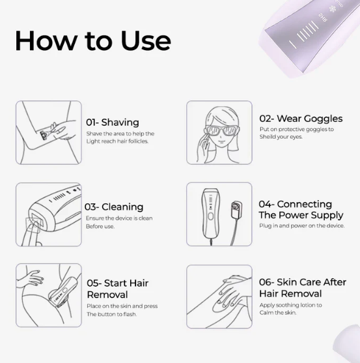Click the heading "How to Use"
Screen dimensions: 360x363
[x=93, y=41]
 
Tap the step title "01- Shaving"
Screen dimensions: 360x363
[x=113, y=123]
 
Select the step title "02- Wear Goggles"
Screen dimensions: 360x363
[x=301, y=119]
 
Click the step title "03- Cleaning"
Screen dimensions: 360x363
[x=114, y=207]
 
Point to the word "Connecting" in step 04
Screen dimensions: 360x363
[x=304, y=204]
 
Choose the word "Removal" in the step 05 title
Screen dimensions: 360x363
[x=107, y=295]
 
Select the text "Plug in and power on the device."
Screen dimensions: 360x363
[x=301, y=225]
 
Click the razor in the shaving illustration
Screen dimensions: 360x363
[x=47, y=132]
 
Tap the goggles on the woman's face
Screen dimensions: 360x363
[x=222, y=130]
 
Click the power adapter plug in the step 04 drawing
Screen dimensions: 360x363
[x=237, y=210]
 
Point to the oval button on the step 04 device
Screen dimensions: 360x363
[x=211, y=216]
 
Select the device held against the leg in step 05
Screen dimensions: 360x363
[x=61, y=291]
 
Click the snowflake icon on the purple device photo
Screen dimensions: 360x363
[x=331, y=8]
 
